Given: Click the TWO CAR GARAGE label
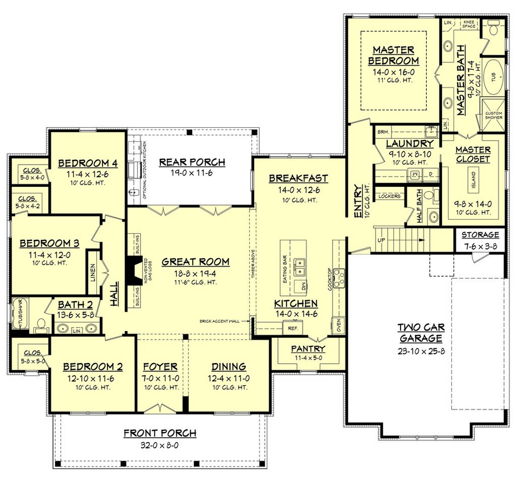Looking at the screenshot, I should [x=420, y=332].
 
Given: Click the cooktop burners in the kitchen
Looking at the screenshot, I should [x=339, y=277].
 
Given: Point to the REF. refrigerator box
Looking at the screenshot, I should [x=294, y=328].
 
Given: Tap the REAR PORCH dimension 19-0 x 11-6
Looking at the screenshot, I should [x=192, y=173].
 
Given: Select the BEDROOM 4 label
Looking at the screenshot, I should [x=87, y=163].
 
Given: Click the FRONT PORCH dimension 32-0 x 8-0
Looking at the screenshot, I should [x=159, y=444].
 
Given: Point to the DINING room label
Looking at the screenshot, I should [x=228, y=366].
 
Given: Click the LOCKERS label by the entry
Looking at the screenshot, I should [x=389, y=196].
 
